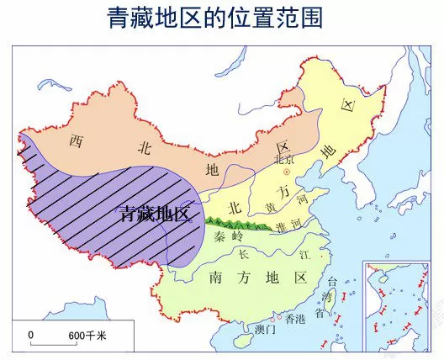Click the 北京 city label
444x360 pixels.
(x=284, y=159)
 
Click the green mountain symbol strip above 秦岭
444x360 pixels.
(x=236, y=223)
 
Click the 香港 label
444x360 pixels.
(x=297, y=319)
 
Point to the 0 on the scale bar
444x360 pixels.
(x=31, y=335)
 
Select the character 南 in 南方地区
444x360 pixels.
(x=214, y=276)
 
